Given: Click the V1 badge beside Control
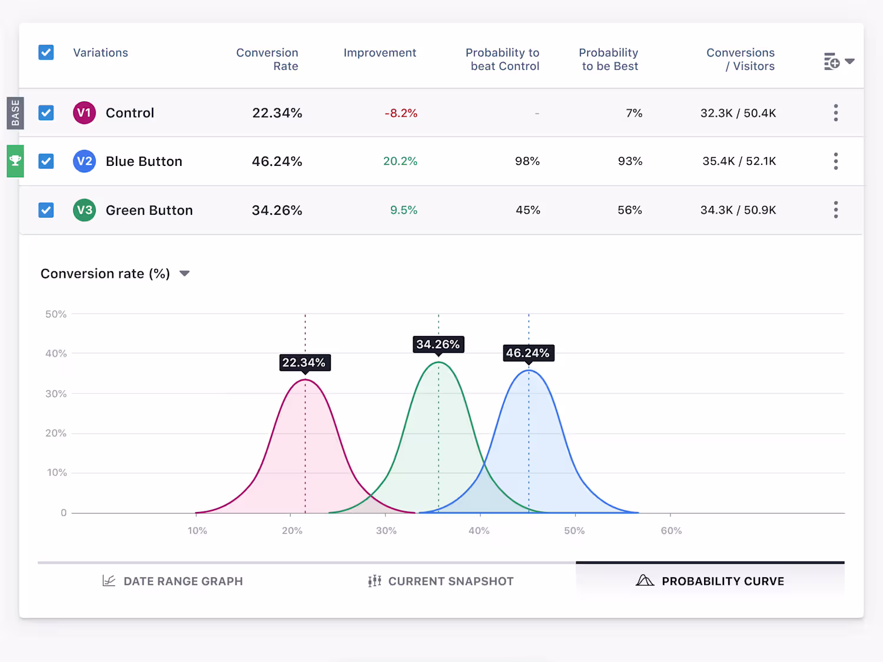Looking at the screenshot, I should coord(84,113).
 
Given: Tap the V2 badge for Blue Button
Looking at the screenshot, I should coord(84,161).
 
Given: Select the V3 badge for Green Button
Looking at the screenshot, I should coord(84,210).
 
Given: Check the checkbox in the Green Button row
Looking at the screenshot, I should coord(46,210).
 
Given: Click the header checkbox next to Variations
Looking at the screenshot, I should coord(46,52).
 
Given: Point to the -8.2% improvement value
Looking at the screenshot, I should coord(401,113).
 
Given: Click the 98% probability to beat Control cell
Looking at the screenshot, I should coord(527,161).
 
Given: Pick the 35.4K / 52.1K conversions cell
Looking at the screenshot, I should coord(739,161).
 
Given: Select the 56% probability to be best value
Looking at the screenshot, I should coord(629,210).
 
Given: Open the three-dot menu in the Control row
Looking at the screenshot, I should coord(835,113).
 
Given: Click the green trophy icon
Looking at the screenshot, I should coord(15,161).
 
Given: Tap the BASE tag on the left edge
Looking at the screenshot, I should coord(15,112).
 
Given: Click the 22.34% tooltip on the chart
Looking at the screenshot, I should coord(304,362).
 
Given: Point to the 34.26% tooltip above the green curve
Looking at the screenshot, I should coord(438,344).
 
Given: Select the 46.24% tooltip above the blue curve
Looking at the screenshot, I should coord(528,353).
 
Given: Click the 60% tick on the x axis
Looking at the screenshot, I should coord(671,530).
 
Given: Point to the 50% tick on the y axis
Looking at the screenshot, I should coord(56,314).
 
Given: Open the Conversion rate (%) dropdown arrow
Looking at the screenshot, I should coord(184,274).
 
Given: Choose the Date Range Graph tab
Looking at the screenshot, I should coord(173,581).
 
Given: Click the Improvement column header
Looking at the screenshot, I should coord(380,53).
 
